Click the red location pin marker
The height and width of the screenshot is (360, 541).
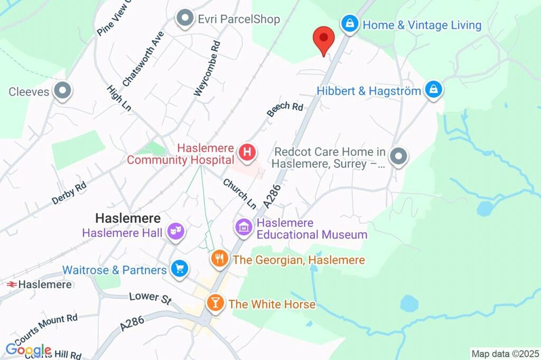tap(324, 41)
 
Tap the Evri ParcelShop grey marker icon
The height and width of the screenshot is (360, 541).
tap(185, 19)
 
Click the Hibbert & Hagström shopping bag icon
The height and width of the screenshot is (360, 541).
tap(433, 90)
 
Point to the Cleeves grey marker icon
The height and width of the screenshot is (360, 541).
tap(63, 91)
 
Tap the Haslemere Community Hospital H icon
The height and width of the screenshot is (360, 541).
tap(247, 153)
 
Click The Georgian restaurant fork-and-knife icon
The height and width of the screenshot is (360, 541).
tap(219, 259)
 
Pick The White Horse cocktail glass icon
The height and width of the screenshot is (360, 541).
tap(215, 303)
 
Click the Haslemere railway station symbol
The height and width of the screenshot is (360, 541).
tap(11, 284)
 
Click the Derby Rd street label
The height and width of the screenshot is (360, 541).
tap(69, 193)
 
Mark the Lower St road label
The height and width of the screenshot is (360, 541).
tap(151, 298)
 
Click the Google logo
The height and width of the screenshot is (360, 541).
tap(29, 349)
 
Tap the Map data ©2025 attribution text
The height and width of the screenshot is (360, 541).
tap(505, 354)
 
